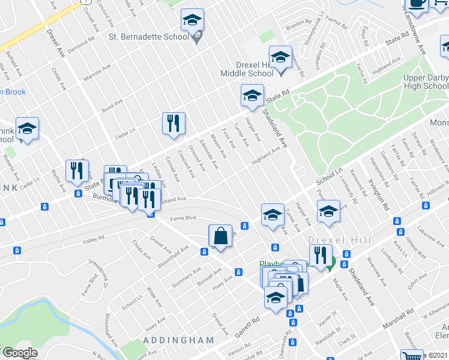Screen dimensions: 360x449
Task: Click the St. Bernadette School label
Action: point(148,37)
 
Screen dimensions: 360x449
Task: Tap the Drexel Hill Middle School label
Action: point(247,69)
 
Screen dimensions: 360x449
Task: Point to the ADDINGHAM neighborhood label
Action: point(179,340)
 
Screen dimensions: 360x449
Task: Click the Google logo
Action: point(19,353)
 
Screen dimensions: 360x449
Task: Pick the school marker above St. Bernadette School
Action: point(193,22)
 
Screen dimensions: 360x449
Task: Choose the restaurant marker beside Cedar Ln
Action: point(173,123)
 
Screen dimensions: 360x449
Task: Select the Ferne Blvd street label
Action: point(184,218)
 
